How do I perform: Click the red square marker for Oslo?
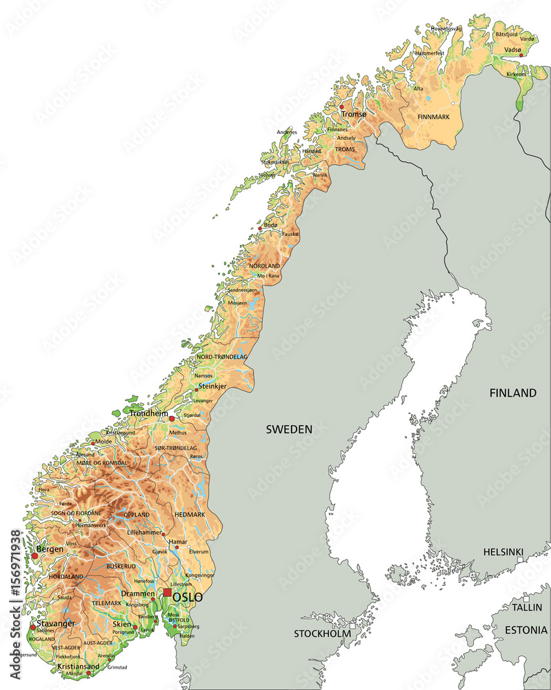(167, 592)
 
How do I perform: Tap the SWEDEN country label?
(289, 429)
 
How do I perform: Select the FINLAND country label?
(512, 393)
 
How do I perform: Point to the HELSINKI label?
(503, 552)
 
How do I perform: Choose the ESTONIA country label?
(525, 630)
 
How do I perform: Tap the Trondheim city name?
(148, 413)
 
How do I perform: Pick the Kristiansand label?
(79, 667)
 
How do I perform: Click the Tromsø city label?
(354, 115)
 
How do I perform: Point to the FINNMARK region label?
(433, 117)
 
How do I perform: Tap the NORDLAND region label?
(265, 266)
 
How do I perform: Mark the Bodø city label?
(271, 225)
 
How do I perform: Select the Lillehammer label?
(145, 533)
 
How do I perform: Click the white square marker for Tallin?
(525, 598)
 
